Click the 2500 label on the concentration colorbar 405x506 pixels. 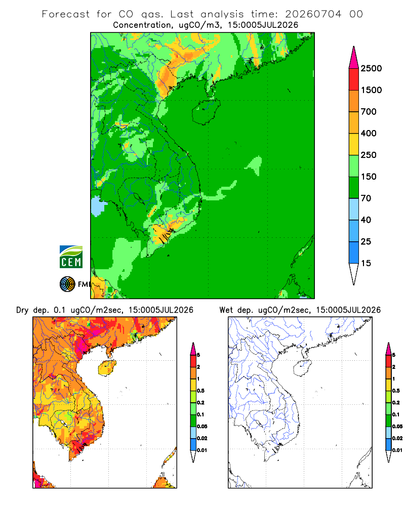click(371, 68)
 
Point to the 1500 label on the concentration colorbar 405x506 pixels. click(371, 90)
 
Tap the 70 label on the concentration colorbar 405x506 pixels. click(366, 198)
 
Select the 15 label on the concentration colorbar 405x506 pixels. click(366, 263)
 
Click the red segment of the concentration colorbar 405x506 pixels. click(354, 79)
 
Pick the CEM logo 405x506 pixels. click(71, 257)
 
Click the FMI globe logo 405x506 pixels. click(67, 284)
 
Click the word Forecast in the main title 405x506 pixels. click(66, 14)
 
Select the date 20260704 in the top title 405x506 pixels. click(313, 14)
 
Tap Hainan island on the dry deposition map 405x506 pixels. click(107, 368)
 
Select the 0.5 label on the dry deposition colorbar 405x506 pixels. click(200, 391)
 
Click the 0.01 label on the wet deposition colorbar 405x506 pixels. click(397, 450)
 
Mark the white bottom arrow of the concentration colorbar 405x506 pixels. click(354, 273)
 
